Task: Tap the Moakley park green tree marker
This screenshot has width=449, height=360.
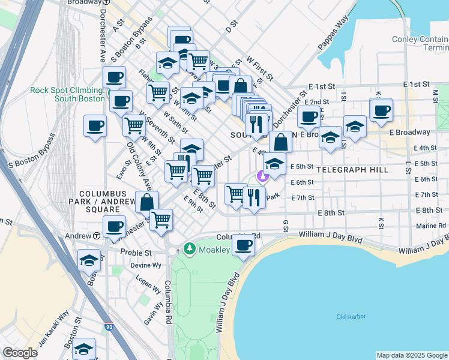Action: [x=190, y=248]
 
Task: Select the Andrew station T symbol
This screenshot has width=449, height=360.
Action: [x=96, y=236]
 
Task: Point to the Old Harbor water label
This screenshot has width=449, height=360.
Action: [x=351, y=316]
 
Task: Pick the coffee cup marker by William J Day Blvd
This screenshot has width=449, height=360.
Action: [x=244, y=245]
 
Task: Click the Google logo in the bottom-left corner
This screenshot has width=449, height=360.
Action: [x=20, y=353]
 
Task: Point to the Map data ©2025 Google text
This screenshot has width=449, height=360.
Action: [x=412, y=355]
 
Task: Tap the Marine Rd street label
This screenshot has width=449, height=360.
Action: [x=433, y=226]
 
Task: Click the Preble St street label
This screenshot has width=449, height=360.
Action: [x=134, y=252]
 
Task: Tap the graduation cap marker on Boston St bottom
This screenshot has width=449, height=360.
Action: [x=85, y=348]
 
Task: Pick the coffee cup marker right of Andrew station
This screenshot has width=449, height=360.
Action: [x=114, y=227]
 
